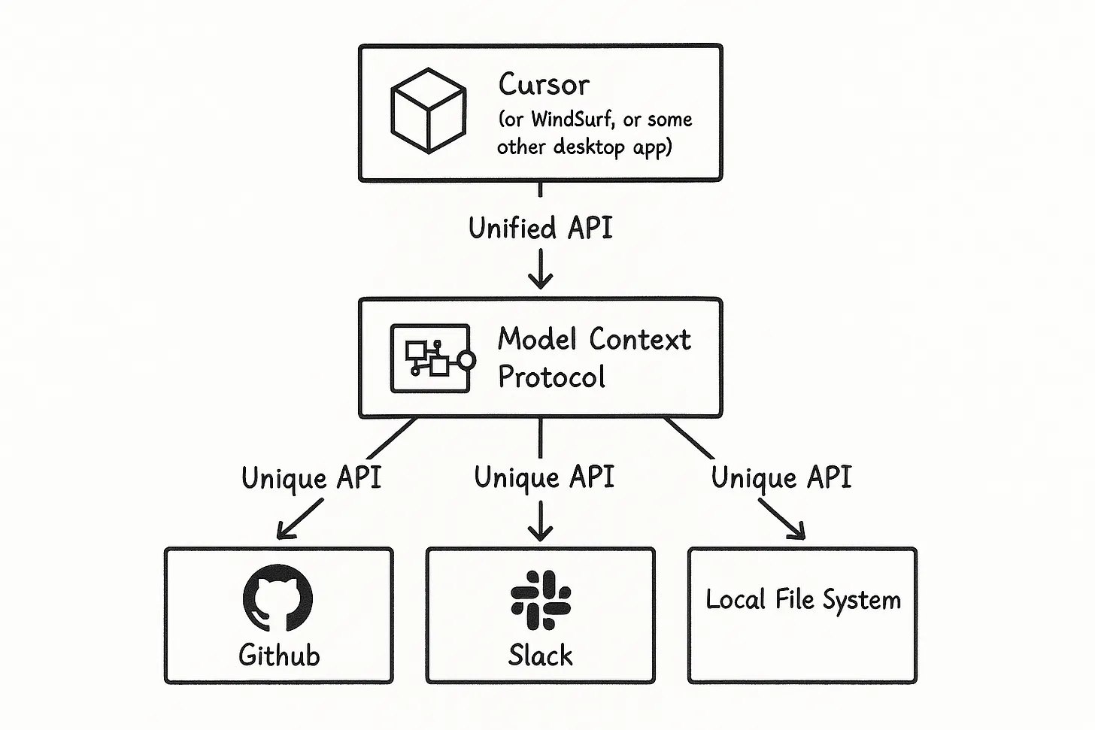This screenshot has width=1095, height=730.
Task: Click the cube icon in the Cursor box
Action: [428, 111]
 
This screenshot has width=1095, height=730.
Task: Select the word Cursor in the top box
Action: [544, 84]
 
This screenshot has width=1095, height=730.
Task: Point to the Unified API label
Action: [540, 228]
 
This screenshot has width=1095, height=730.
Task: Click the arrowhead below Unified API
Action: [540, 281]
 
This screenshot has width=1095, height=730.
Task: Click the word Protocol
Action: [551, 377]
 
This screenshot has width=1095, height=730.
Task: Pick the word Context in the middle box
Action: [639, 340]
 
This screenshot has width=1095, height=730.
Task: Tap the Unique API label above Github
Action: [311, 478]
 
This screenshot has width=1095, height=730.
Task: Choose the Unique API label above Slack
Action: [544, 477]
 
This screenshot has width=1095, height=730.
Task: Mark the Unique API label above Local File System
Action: [781, 477]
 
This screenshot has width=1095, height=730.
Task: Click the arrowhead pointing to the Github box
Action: [284, 532]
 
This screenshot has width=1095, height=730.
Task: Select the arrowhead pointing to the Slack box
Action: [540, 533]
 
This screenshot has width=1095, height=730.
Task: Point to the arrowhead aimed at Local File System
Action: [798, 532]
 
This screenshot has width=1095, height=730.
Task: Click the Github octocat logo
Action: [278, 598]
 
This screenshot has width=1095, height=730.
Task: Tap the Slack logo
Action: [540, 599]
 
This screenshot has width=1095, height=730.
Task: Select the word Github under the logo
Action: [279, 655]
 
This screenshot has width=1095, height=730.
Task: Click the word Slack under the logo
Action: [540, 655]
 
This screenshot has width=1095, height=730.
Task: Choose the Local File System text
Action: [802, 600]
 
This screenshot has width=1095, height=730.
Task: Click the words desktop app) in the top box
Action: [612, 147]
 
